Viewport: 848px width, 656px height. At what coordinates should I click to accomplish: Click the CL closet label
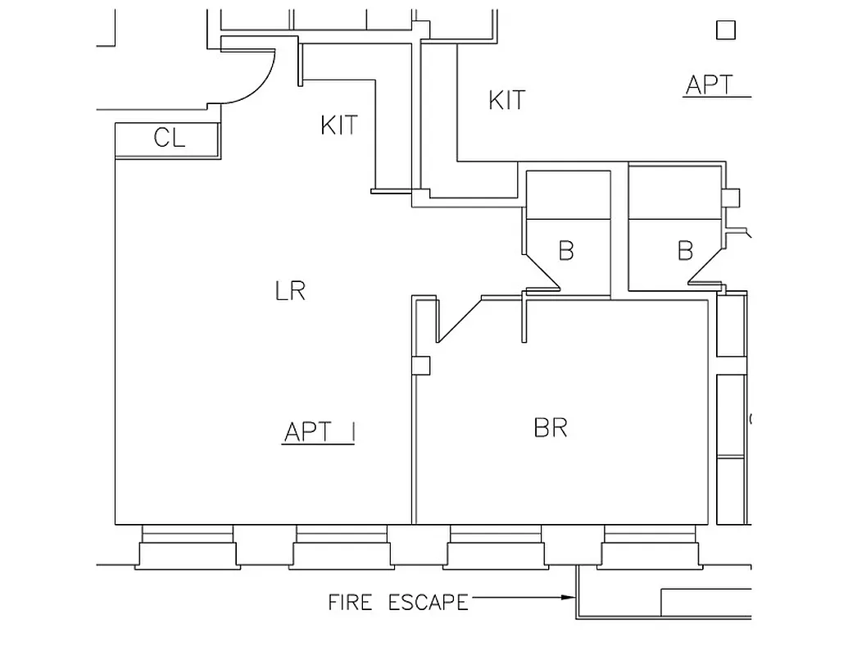click(170, 138)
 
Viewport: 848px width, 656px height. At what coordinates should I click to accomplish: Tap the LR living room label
click(291, 290)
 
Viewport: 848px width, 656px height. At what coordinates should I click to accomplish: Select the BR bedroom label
click(551, 427)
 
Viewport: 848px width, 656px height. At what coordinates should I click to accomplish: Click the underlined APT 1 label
click(319, 432)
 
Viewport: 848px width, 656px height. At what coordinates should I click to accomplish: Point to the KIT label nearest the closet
click(339, 125)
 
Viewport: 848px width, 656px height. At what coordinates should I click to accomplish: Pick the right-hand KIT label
click(506, 100)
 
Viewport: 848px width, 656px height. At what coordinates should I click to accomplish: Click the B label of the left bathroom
click(565, 250)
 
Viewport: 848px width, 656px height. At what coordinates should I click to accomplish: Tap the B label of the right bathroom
click(685, 250)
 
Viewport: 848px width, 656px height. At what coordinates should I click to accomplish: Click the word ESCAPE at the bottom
click(428, 603)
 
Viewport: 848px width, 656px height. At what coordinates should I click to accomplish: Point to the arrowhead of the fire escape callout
click(567, 597)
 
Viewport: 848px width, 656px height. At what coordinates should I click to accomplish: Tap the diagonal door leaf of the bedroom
click(458, 321)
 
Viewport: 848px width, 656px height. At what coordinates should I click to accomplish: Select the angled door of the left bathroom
click(542, 270)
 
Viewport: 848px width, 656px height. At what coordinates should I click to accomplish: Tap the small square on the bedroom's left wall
click(420, 366)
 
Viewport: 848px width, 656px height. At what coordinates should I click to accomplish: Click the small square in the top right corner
click(725, 30)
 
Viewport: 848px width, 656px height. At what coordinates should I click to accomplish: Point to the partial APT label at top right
click(710, 84)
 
